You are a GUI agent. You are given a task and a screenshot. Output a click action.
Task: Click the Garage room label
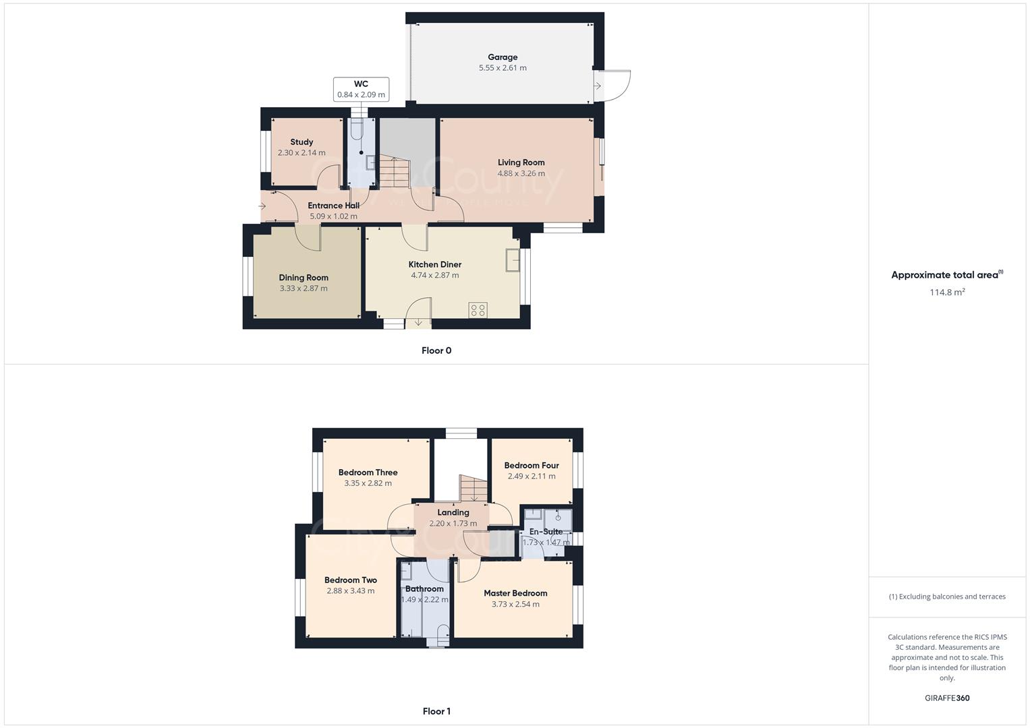coord(503,57)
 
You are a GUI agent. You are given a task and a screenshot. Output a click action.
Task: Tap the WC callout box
coord(361,89)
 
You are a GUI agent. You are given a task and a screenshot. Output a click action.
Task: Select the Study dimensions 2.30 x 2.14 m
coord(302,153)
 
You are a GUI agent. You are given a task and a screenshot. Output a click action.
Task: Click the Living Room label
coord(521,162)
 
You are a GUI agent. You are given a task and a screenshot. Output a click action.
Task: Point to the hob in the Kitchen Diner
coord(478,310)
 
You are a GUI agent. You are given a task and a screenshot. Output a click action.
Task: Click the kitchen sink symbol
coord(513,260)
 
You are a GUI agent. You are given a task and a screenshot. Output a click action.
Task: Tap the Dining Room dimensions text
coord(304,289)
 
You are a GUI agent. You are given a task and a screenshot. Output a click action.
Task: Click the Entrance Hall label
coord(333,206)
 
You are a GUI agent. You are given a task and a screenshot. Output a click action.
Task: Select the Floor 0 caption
coord(436,351)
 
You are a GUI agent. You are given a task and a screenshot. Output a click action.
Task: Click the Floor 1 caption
coord(436,711)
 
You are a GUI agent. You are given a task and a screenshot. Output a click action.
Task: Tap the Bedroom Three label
coord(368,473)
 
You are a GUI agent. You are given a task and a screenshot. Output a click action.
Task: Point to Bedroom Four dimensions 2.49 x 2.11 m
coord(532,477)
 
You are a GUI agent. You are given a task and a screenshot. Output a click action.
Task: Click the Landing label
coord(453,512)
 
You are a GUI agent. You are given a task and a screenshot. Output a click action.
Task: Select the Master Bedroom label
coord(515,593)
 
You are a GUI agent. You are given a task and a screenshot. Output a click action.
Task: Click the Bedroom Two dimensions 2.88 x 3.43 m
coord(350,591)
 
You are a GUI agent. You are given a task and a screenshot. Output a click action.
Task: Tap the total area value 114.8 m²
coord(947,293)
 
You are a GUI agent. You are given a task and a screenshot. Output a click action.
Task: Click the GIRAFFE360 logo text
coord(947,698)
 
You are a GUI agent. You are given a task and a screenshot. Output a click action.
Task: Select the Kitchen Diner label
coord(435,264)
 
